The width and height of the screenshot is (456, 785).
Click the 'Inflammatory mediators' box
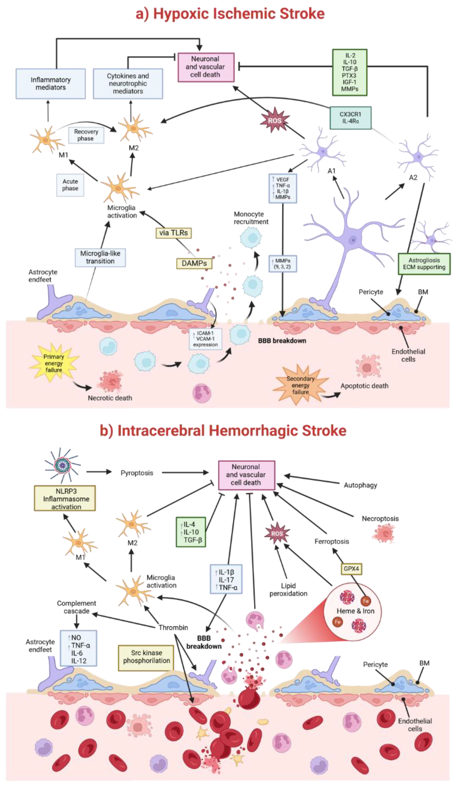(x=50, y=84)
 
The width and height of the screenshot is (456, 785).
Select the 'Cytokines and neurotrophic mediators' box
(x=128, y=84)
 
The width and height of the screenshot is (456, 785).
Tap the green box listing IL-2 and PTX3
(x=349, y=72)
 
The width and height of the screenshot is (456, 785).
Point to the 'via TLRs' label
(x=173, y=233)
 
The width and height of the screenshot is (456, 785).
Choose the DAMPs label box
(x=194, y=263)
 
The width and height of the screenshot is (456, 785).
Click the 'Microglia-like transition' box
(x=100, y=257)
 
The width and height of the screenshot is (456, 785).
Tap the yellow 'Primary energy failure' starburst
(x=54, y=363)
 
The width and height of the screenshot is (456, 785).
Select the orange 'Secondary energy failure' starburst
(x=300, y=385)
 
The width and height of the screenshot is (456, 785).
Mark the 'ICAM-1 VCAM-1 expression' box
(x=205, y=339)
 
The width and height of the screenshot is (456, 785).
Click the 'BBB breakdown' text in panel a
(x=282, y=341)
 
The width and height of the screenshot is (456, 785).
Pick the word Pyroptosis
(x=137, y=473)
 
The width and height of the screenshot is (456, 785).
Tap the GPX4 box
(x=351, y=569)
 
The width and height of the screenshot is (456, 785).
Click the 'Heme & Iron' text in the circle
(x=355, y=611)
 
